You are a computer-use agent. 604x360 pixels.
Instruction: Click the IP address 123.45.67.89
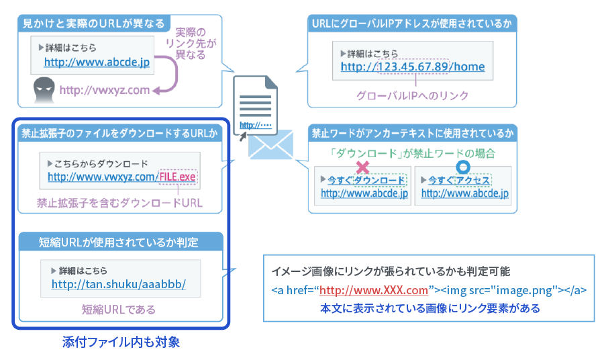[413, 67]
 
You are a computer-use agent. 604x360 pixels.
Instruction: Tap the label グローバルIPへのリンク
[413, 95]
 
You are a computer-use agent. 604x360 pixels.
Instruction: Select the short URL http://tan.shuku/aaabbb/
[118, 284]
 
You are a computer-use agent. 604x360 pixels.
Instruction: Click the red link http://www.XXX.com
[374, 291]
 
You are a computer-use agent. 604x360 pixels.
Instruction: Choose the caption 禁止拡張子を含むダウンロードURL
[119, 202]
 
